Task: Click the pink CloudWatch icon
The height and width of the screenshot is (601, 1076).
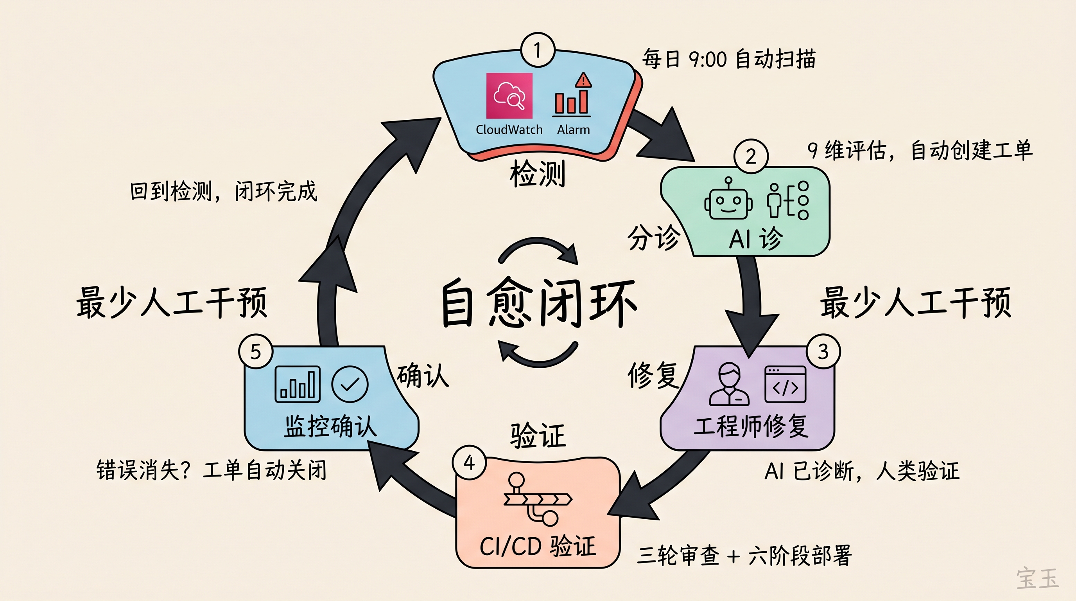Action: (509, 96)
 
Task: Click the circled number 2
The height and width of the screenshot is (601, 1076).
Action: (751, 156)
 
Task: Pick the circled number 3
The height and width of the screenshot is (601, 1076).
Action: (823, 351)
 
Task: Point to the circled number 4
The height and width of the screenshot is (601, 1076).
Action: (469, 462)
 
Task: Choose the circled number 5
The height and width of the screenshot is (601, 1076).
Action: (256, 351)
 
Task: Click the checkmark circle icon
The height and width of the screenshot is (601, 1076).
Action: (350, 384)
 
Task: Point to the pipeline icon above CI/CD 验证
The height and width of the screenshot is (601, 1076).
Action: (537, 499)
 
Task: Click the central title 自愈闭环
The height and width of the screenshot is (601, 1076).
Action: (538, 302)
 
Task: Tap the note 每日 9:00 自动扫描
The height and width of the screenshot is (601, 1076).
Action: (728, 59)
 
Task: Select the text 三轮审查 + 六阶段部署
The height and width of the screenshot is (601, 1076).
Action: (744, 556)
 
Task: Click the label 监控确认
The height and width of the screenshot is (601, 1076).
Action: (330, 427)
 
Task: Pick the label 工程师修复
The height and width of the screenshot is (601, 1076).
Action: (751, 427)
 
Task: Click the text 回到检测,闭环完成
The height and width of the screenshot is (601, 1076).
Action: (224, 192)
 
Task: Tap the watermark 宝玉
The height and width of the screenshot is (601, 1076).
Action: (1037, 578)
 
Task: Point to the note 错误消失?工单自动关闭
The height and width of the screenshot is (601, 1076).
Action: (212, 470)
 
